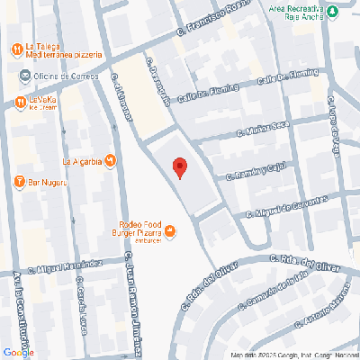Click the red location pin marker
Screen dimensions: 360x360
pyautogui.click(x=179, y=167)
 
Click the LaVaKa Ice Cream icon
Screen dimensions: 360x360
pyautogui.click(x=19, y=101)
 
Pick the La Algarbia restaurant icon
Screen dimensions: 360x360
pyautogui.click(x=110, y=162)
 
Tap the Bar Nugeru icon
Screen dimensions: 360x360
pyautogui.click(x=19, y=183)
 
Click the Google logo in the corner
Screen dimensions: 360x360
pyautogui.click(x=18, y=351)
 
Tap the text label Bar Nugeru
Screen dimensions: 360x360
pyautogui.click(x=53, y=183)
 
